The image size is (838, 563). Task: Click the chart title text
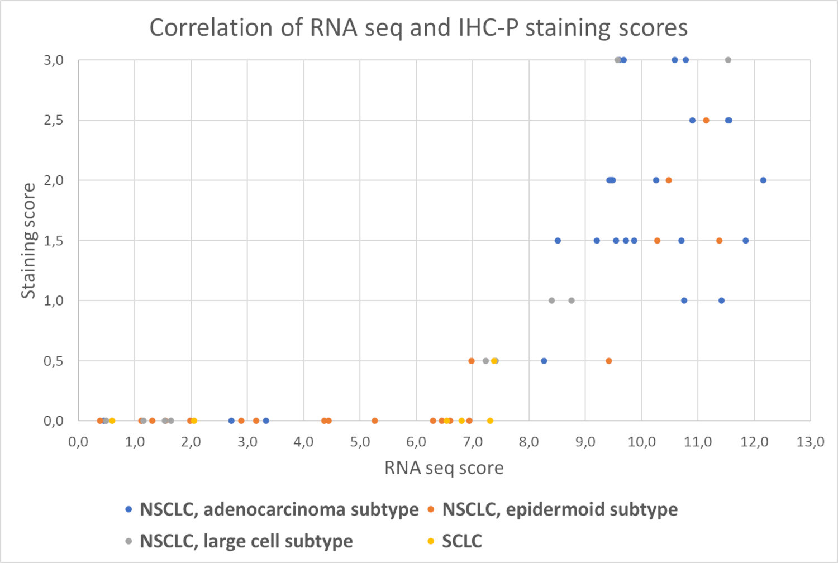click(x=418, y=27)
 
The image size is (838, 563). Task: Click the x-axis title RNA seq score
click(x=444, y=467)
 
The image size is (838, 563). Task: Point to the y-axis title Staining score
click(x=28, y=241)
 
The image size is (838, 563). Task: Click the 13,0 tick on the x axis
click(x=810, y=442)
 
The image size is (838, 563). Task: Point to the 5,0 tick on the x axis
click(x=360, y=442)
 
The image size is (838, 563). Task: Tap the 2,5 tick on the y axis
click(x=54, y=120)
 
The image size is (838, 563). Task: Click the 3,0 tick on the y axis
click(x=54, y=60)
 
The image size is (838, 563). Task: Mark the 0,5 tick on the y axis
click(x=54, y=361)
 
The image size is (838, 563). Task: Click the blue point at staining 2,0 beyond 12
click(x=763, y=180)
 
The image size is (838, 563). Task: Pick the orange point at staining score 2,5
click(x=706, y=120)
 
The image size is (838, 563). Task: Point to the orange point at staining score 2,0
click(x=669, y=180)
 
